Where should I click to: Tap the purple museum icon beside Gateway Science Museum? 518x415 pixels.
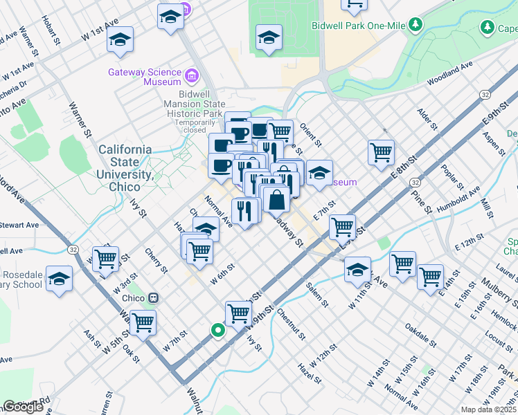(x=192, y=74)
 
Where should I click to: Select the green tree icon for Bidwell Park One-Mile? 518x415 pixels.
(x=416, y=25)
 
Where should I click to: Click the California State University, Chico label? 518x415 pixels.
(x=125, y=168)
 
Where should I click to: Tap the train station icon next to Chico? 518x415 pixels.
(x=154, y=298)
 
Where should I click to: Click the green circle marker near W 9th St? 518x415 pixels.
(x=218, y=331)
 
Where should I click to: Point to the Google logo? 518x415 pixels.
(x=23, y=407)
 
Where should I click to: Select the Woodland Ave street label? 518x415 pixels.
(x=449, y=74)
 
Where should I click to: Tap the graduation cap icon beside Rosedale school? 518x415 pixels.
(x=60, y=279)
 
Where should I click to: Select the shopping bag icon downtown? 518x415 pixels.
(x=276, y=199)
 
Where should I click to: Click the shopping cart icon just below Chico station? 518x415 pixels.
(x=143, y=322)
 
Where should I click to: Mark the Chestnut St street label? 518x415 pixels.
(x=291, y=325)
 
